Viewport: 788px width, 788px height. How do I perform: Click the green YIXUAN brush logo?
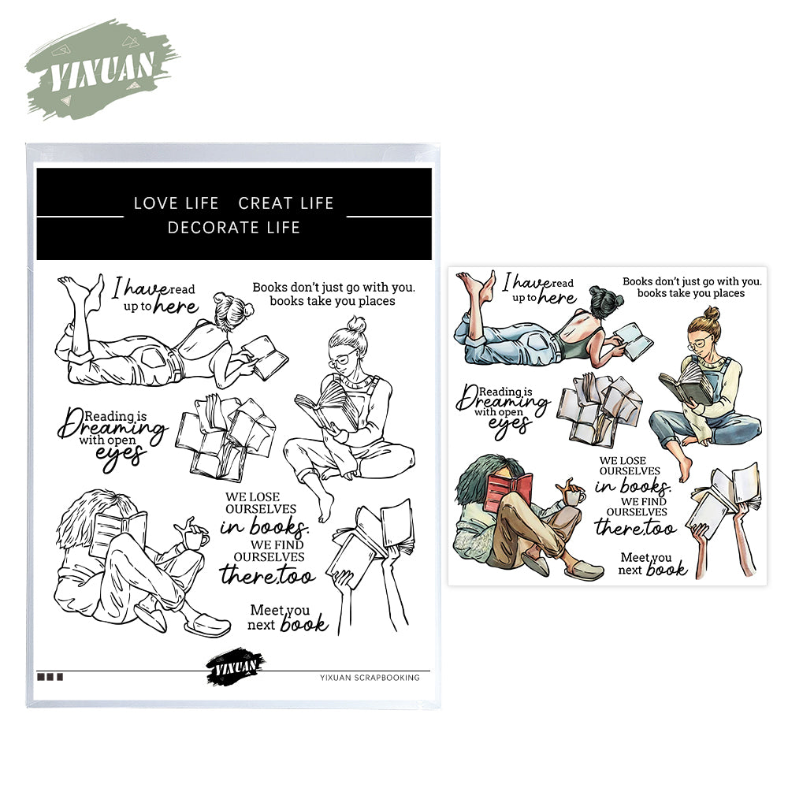point(102,70)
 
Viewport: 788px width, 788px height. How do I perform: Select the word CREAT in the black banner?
point(264,203)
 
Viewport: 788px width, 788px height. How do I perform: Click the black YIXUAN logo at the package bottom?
point(235,667)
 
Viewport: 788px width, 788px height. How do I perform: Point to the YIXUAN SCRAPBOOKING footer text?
point(370,678)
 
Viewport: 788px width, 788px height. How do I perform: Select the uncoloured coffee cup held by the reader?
point(196,538)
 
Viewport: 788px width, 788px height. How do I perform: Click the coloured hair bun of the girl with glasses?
point(712,314)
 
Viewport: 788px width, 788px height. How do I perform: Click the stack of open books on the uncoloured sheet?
point(225,437)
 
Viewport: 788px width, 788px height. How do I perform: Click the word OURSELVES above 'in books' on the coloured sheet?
point(630,471)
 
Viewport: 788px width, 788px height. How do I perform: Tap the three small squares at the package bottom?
point(50,677)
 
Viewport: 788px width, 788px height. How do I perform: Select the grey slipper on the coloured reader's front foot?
point(584,571)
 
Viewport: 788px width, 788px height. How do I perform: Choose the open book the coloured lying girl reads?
point(634,340)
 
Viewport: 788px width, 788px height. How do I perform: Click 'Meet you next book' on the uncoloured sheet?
point(288,618)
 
